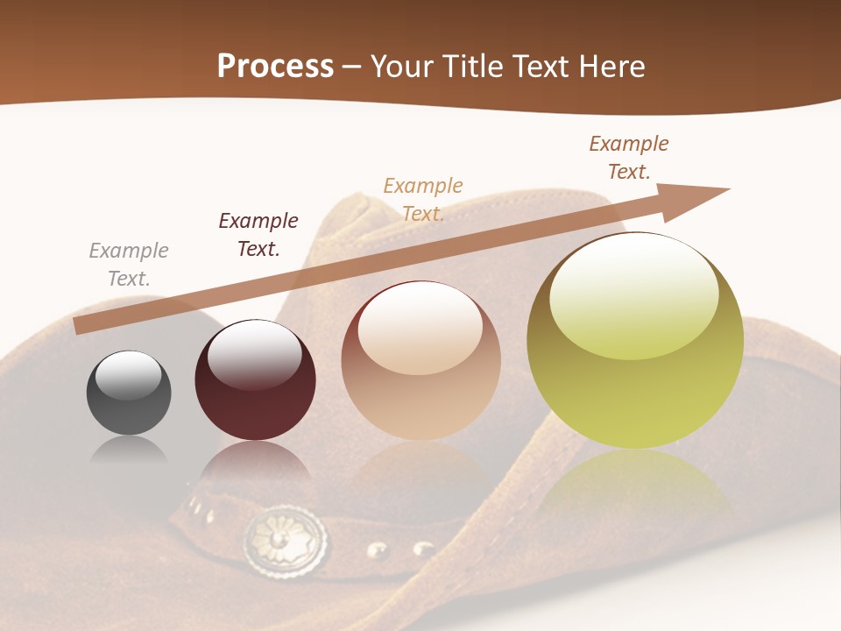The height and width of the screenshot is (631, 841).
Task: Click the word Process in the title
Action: click(275, 67)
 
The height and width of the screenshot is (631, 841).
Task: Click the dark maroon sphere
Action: click(255, 380)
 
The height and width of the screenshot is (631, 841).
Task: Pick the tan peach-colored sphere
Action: click(420, 361)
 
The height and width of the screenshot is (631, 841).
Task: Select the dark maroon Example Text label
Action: click(258, 235)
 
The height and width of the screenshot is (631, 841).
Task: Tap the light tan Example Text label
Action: click(423, 200)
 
